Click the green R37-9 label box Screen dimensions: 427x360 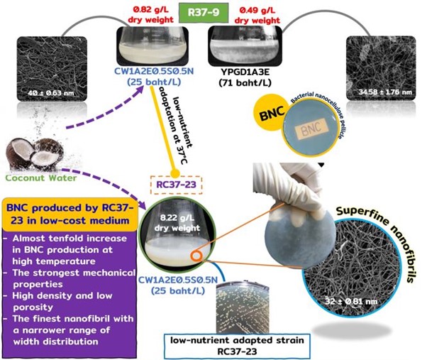click(x=204, y=13)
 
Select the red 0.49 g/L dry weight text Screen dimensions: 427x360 click(x=257, y=15)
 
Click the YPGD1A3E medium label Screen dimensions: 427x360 click(x=245, y=77)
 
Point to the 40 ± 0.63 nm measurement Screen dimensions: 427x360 click(x=50, y=93)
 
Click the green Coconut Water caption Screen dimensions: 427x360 click(x=41, y=178)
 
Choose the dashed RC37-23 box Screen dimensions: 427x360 click(x=176, y=185)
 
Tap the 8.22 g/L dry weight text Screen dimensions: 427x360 click(x=177, y=222)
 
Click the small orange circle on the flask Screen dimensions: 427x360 click(x=196, y=256)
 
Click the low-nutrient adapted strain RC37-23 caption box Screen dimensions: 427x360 click(x=237, y=346)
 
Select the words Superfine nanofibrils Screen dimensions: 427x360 click(x=379, y=243)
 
